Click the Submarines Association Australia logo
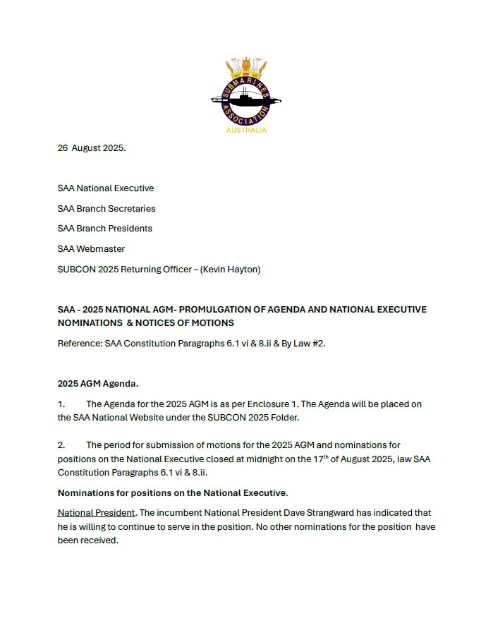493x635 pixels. point(246,92)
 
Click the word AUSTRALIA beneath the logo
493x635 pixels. point(246,131)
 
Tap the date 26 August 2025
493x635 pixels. point(92,148)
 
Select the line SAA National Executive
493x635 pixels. point(106,188)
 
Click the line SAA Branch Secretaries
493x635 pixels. point(106,209)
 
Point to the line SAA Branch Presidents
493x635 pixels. point(105,229)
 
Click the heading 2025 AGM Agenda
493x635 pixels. point(98,384)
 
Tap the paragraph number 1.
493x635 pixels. point(61,404)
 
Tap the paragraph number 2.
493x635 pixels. point(61,445)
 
